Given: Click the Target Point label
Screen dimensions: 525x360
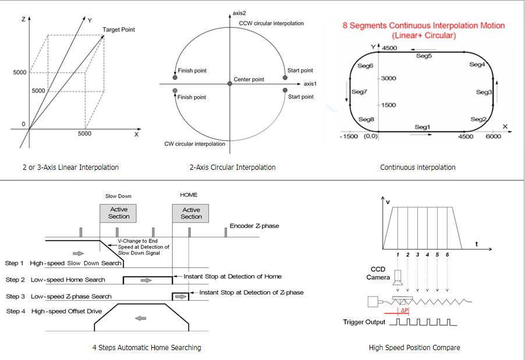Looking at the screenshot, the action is pos(119,30).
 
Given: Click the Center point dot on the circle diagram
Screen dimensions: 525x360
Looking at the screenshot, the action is pos(230,83).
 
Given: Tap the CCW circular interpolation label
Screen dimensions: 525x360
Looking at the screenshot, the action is pos(271,23).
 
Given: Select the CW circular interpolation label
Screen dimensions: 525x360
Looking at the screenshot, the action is pos(194,144).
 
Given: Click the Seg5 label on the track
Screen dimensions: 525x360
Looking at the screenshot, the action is pos(424,56).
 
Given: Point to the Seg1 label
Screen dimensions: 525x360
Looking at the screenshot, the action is pos(422,127).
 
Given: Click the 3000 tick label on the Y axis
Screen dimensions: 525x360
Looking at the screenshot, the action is pos(388,79).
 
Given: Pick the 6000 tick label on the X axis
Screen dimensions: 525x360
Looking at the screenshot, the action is pos(493,136).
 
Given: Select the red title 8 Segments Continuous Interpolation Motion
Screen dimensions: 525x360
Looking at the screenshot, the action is pos(424,26).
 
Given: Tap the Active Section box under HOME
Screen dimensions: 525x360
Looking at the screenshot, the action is pos(190,213).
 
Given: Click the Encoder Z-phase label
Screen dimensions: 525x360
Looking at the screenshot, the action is pos(254,226).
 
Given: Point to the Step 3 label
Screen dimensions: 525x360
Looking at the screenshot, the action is pos(15,297).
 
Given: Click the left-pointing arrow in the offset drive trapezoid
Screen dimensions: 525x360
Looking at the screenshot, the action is pos(141,318).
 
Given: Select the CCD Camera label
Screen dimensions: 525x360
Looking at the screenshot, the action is pos(378,273).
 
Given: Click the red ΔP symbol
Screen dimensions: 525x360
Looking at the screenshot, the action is pos(405,310).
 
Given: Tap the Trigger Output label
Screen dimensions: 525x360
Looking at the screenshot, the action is pos(364,322).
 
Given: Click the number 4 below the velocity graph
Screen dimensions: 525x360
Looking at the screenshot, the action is pos(427,255).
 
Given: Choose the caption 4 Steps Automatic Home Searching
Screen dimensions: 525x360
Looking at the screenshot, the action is pos(147,348).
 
